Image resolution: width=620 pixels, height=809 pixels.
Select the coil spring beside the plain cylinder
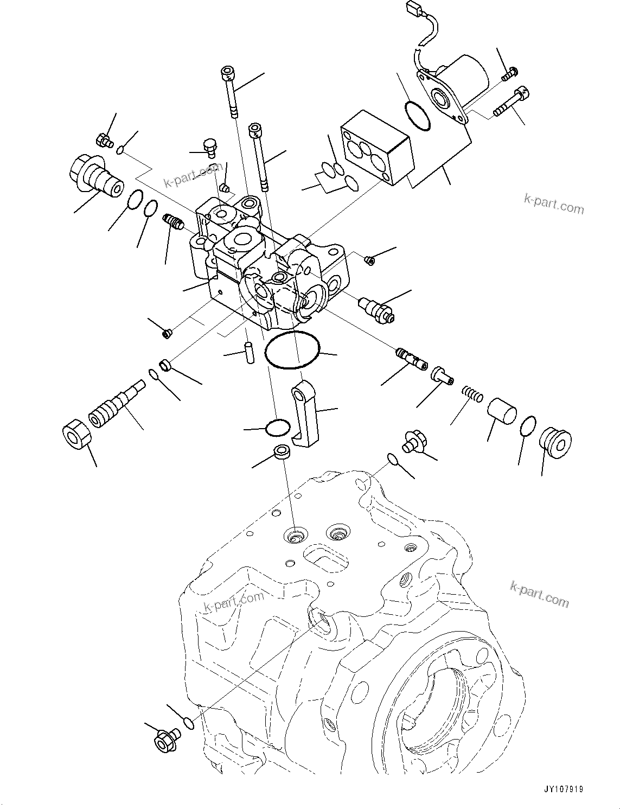pos(472,394)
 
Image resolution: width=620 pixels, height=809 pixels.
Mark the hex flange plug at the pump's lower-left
pos(164,740)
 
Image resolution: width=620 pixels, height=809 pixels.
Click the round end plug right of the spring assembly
pos(556,442)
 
